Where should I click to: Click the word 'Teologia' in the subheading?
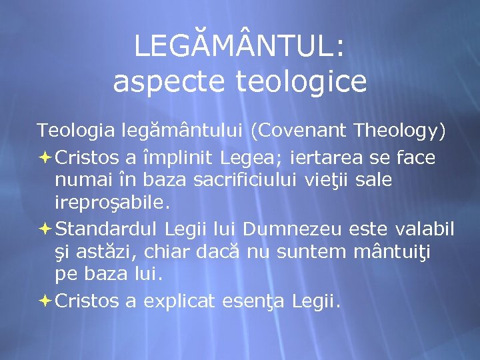(x=75, y=131)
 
